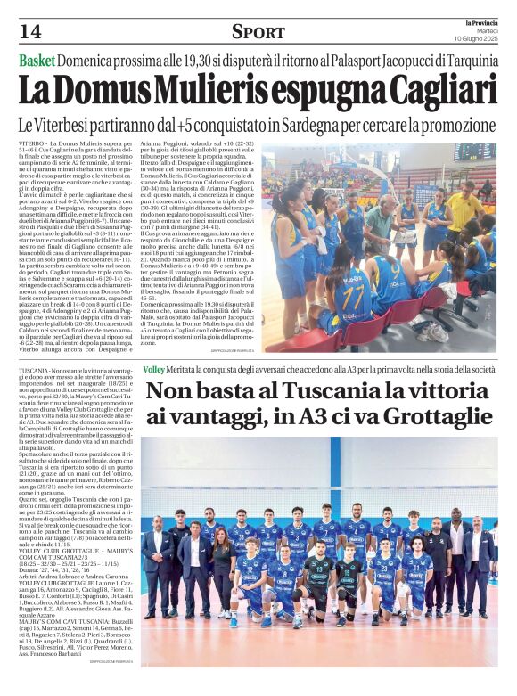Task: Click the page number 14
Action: (x=29, y=31)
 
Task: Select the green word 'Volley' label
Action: (x=154, y=368)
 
